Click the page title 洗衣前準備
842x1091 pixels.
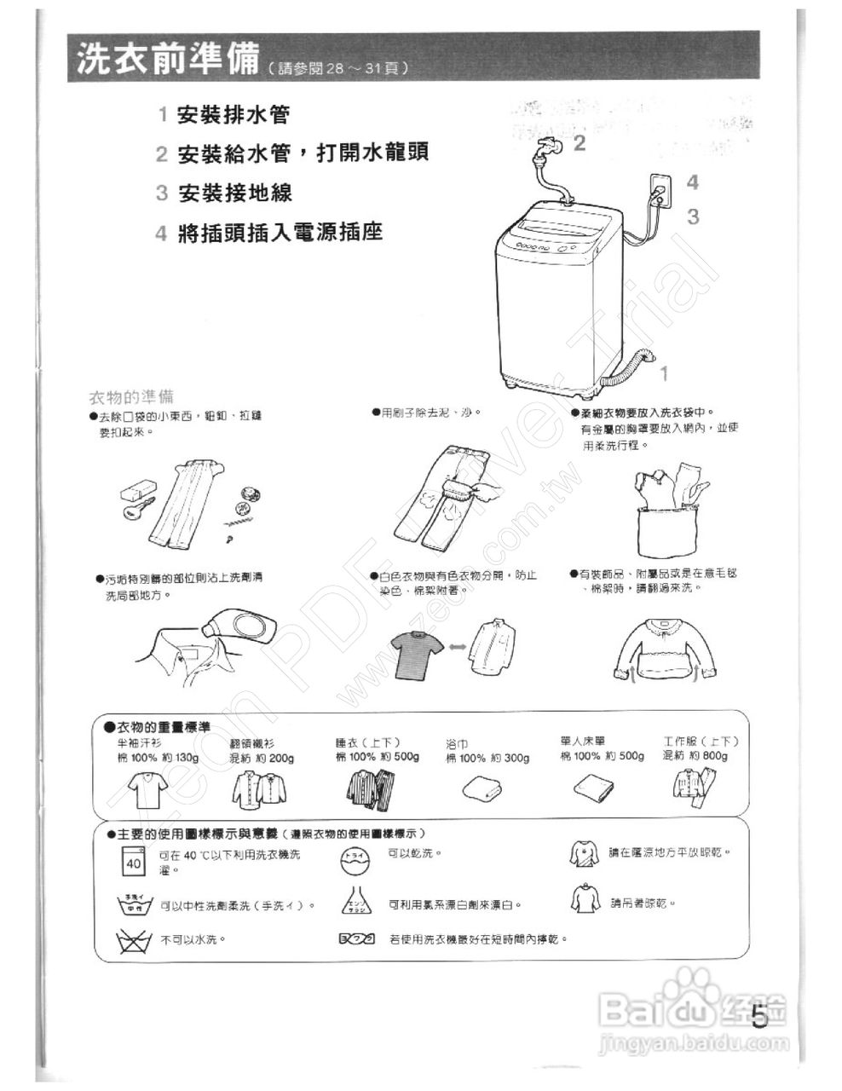pos(165,58)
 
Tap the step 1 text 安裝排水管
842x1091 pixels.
pos(238,114)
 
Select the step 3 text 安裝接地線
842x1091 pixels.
pos(234,193)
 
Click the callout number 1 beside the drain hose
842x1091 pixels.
pos(664,372)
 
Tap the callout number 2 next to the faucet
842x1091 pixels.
pos(580,142)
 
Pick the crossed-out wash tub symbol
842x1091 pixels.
pos(130,941)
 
